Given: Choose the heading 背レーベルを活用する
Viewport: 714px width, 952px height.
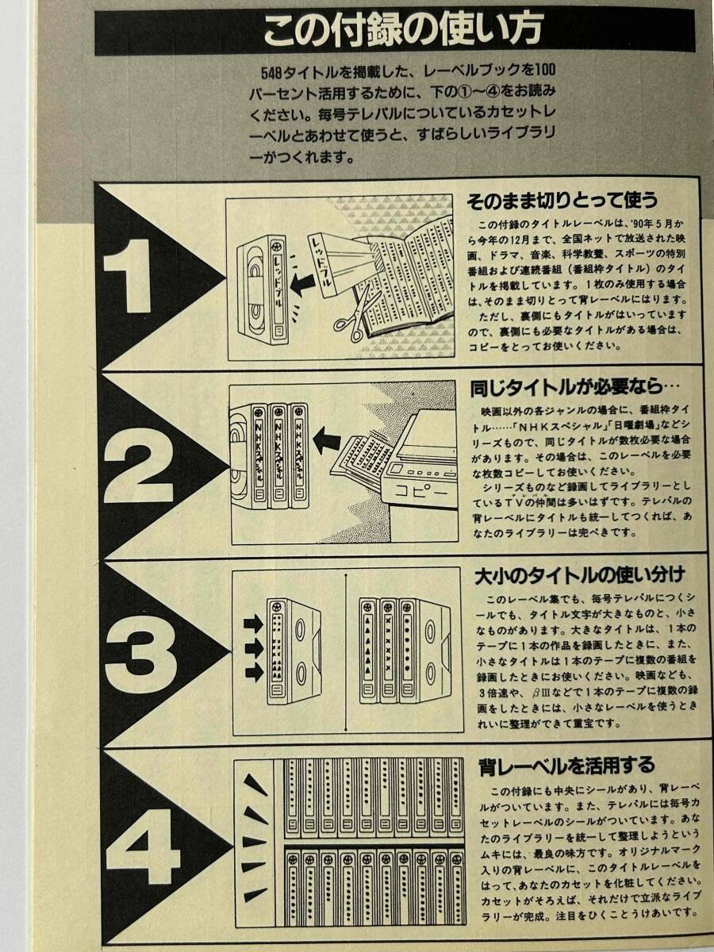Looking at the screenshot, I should [x=567, y=765].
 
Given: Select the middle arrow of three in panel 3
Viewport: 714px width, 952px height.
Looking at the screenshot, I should [x=253, y=648].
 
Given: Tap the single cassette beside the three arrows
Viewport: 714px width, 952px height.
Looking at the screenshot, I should [x=293, y=651].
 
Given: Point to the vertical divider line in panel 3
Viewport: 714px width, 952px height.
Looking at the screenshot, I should [x=347, y=651].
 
